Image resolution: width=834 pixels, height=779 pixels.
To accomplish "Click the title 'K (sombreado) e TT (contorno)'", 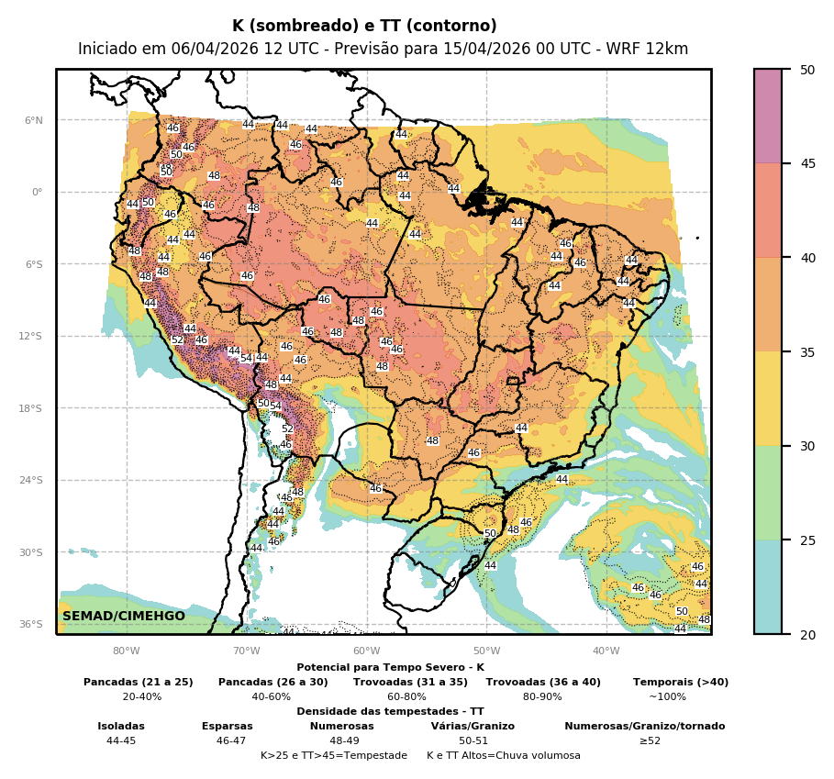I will [x=364, y=27].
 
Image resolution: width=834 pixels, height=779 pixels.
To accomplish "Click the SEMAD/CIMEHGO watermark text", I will [x=124, y=616].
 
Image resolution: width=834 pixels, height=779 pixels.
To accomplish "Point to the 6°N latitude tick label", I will [x=34, y=120].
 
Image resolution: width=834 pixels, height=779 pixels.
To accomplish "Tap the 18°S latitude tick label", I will [x=32, y=408].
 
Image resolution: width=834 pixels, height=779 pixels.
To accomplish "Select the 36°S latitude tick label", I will [x=32, y=624].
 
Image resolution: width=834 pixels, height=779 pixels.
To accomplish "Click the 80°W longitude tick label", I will [x=127, y=651].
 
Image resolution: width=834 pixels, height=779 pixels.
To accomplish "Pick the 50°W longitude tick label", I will [x=486, y=651].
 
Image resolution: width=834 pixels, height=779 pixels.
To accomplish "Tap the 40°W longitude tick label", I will [x=606, y=651].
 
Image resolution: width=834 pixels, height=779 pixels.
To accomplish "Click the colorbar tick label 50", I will [x=807, y=70].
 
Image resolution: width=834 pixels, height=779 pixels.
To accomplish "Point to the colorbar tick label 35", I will [x=807, y=351].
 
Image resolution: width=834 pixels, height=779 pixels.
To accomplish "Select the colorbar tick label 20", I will [x=807, y=634].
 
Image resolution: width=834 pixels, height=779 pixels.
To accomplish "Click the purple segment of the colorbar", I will [x=768, y=116].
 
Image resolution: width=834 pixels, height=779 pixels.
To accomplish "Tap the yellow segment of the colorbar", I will [x=768, y=398].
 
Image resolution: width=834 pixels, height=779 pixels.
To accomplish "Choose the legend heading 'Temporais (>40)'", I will [x=681, y=683].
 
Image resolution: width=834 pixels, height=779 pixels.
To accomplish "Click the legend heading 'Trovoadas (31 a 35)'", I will [x=410, y=683].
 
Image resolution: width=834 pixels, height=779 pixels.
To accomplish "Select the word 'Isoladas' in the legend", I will [x=121, y=727].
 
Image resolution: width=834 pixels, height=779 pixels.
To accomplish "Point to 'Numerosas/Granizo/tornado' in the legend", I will [x=645, y=727].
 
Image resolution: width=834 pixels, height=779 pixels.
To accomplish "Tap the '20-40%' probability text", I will [x=142, y=697].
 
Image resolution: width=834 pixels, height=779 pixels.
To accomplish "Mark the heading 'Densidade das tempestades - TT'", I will [x=390, y=712].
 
